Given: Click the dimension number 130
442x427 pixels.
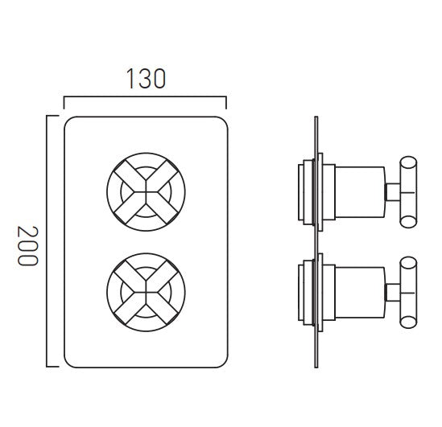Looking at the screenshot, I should (145, 79).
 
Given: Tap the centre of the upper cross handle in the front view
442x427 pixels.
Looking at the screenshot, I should (146, 190).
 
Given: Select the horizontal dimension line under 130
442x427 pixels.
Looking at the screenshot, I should (145, 99).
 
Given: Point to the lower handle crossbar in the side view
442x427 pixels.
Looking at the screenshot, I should (410, 287).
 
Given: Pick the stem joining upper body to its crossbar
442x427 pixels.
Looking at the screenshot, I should (392, 191).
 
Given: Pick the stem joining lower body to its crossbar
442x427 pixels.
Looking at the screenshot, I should (392, 287).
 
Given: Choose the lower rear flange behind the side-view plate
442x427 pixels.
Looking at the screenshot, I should (305, 287).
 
